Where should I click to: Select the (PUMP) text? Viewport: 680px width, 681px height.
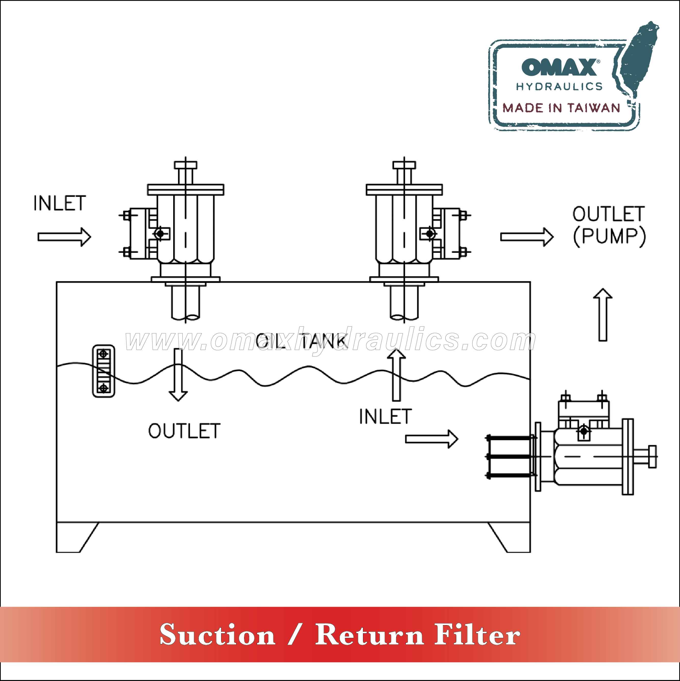click(x=609, y=236)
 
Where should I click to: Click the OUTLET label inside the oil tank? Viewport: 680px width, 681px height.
click(x=184, y=431)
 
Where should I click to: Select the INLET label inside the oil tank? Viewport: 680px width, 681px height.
click(x=385, y=417)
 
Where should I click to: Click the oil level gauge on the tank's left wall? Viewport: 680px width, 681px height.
click(x=104, y=371)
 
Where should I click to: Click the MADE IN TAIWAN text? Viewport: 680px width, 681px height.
click(x=561, y=108)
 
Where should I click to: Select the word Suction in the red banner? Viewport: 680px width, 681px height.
click(x=217, y=635)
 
